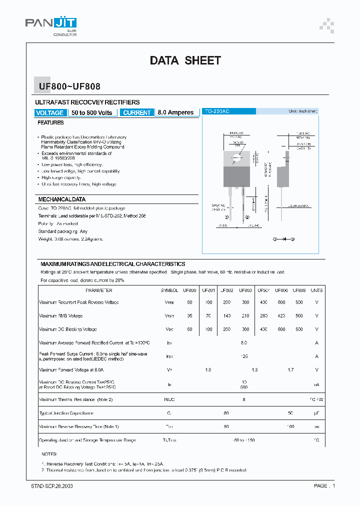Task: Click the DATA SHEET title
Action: [185, 60]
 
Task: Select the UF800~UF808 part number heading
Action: [69, 86]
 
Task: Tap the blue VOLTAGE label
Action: [50, 112]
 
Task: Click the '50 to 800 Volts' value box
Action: [92, 112]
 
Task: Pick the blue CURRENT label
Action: [136, 112]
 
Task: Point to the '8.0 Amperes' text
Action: [175, 112]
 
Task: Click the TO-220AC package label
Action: [216, 111]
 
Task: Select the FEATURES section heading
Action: [50, 122]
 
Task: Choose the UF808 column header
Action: [299, 290]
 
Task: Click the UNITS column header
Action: [316, 290]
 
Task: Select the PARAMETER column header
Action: [98, 290]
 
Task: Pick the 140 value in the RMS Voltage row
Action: [226, 315]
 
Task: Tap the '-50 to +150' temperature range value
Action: [243, 440]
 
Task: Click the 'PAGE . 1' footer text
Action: [324, 485]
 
